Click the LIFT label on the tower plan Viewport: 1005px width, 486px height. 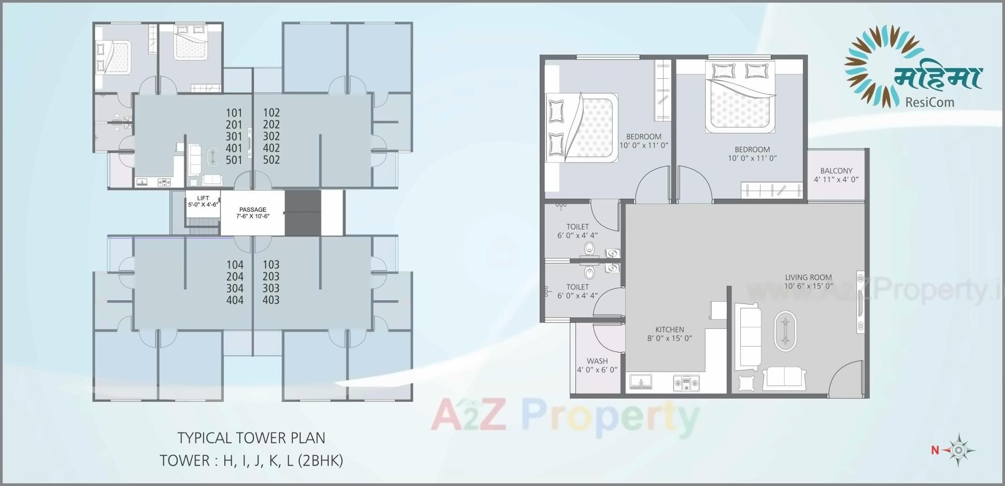[x=203, y=198]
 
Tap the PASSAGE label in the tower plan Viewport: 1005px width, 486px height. [x=253, y=210]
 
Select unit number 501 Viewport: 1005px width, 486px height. [x=234, y=160]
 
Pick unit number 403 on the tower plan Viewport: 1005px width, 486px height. [x=271, y=300]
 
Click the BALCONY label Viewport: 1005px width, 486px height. [x=836, y=171]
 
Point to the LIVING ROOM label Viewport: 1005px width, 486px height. [x=808, y=277]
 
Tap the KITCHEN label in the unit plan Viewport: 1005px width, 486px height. [x=669, y=329]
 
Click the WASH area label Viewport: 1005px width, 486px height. [x=597, y=361]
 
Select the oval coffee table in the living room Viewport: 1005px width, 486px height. [x=785, y=330]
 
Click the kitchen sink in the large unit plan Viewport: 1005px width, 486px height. [x=641, y=382]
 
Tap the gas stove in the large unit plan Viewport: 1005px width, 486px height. [x=686, y=383]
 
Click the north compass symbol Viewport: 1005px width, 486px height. [x=959, y=450]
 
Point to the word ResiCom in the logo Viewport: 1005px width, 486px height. [x=929, y=102]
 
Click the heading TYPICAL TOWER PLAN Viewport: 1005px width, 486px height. [x=251, y=438]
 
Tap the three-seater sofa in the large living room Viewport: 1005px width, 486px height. [x=748, y=336]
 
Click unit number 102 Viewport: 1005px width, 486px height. [x=271, y=113]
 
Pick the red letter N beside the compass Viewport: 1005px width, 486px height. [x=935, y=450]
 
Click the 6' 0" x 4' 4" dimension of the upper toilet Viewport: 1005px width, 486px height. [x=578, y=235]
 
